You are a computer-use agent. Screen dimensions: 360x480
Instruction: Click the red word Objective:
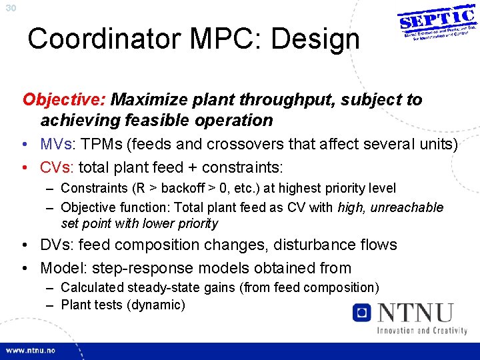pyautogui.click(x=64, y=100)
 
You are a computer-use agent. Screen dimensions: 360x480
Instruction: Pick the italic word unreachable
pyautogui.click(x=407, y=207)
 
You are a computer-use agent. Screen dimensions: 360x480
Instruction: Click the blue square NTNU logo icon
pyautogui.click(x=362, y=312)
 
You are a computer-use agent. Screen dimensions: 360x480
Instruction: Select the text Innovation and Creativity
pyautogui.click(x=421, y=330)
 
